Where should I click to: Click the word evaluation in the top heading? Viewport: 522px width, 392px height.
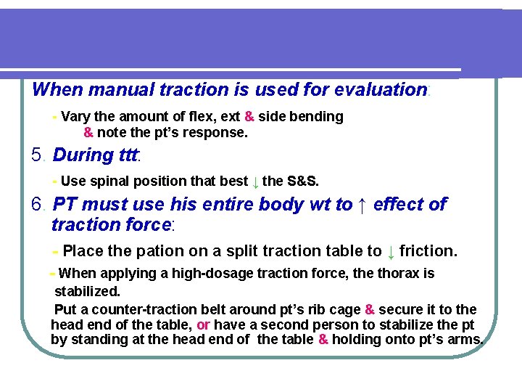(380, 90)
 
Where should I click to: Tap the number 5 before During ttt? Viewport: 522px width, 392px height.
(38, 155)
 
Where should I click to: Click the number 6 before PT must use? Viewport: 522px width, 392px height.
(38, 205)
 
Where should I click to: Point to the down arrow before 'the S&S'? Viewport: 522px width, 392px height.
(255, 181)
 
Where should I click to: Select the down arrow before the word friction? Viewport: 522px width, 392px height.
(391, 252)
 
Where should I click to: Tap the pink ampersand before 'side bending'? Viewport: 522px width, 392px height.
(249, 117)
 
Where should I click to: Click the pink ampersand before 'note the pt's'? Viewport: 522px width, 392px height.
(88, 133)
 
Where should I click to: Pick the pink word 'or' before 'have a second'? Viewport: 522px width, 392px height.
(203, 324)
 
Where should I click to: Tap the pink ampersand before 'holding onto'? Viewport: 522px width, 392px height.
(323, 340)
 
